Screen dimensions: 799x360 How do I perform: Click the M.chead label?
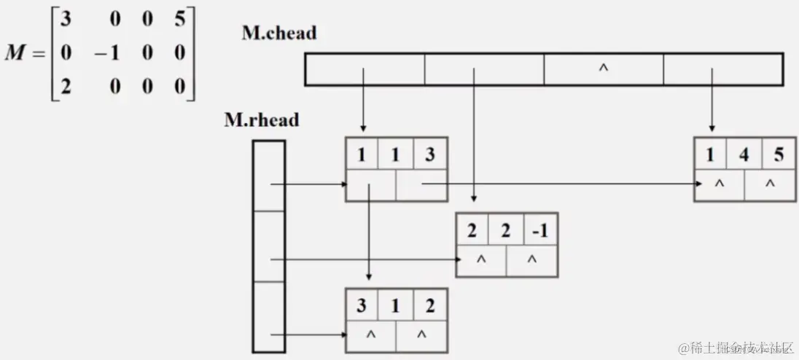(x=280, y=33)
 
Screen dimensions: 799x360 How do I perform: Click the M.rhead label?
(x=261, y=120)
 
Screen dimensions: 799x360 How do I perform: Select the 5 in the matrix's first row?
(x=180, y=17)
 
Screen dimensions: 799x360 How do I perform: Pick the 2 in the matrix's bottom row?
(x=66, y=87)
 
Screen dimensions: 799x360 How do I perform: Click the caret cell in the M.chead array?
(x=603, y=69)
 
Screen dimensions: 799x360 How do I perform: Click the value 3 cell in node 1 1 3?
(x=429, y=154)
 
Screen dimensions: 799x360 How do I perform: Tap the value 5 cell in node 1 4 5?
(x=770, y=154)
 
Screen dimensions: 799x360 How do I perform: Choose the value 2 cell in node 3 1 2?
(x=429, y=305)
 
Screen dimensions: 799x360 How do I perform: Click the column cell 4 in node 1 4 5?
(x=744, y=154)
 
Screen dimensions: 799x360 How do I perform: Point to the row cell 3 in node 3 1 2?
(x=362, y=305)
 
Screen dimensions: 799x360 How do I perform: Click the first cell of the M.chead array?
(x=365, y=69)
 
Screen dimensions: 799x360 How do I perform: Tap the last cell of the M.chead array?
(x=722, y=69)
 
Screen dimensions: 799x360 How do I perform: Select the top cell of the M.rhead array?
(x=268, y=175)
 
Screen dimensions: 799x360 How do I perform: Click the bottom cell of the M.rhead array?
(x=268, y=318)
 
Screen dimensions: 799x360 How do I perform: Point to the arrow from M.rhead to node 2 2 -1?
(x=365, y=259)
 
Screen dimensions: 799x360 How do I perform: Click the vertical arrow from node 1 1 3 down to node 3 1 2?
(x=370, y=233)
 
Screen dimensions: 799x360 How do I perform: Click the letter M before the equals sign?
(x=15, y=53)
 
